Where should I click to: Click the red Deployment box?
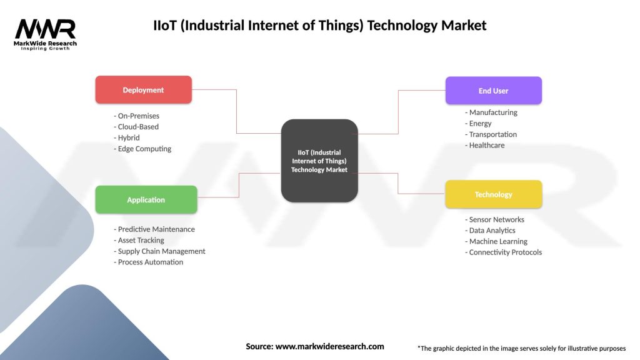click(x=143, y=90)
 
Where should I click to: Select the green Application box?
click(x=146, y=200)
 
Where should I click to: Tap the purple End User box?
click(x=493, y=91)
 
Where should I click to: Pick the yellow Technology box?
click(x=493, y=194)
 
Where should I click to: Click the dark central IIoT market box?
click(x=319, y=161)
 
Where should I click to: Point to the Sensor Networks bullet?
click(x=494, y=219)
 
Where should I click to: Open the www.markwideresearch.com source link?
click(x=330, y=346)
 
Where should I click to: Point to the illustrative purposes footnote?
click(x=521, y=348)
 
